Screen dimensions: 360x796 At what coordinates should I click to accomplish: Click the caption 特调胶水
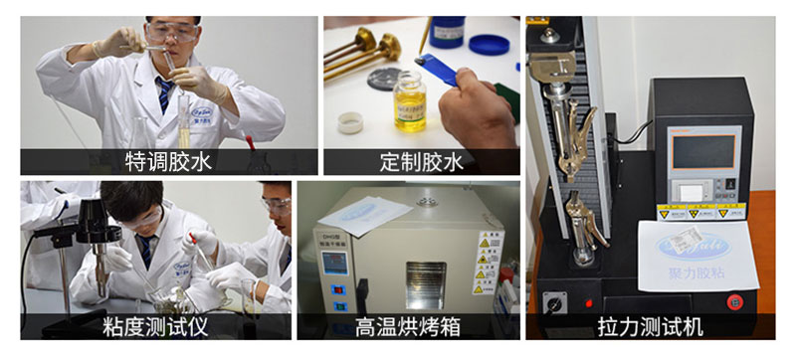point(168,161)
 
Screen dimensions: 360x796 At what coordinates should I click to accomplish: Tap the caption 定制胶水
point(421,161)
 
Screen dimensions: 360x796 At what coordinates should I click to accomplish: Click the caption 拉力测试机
point(651,325)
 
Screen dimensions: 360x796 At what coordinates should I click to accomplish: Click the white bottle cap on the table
point(350,122)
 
